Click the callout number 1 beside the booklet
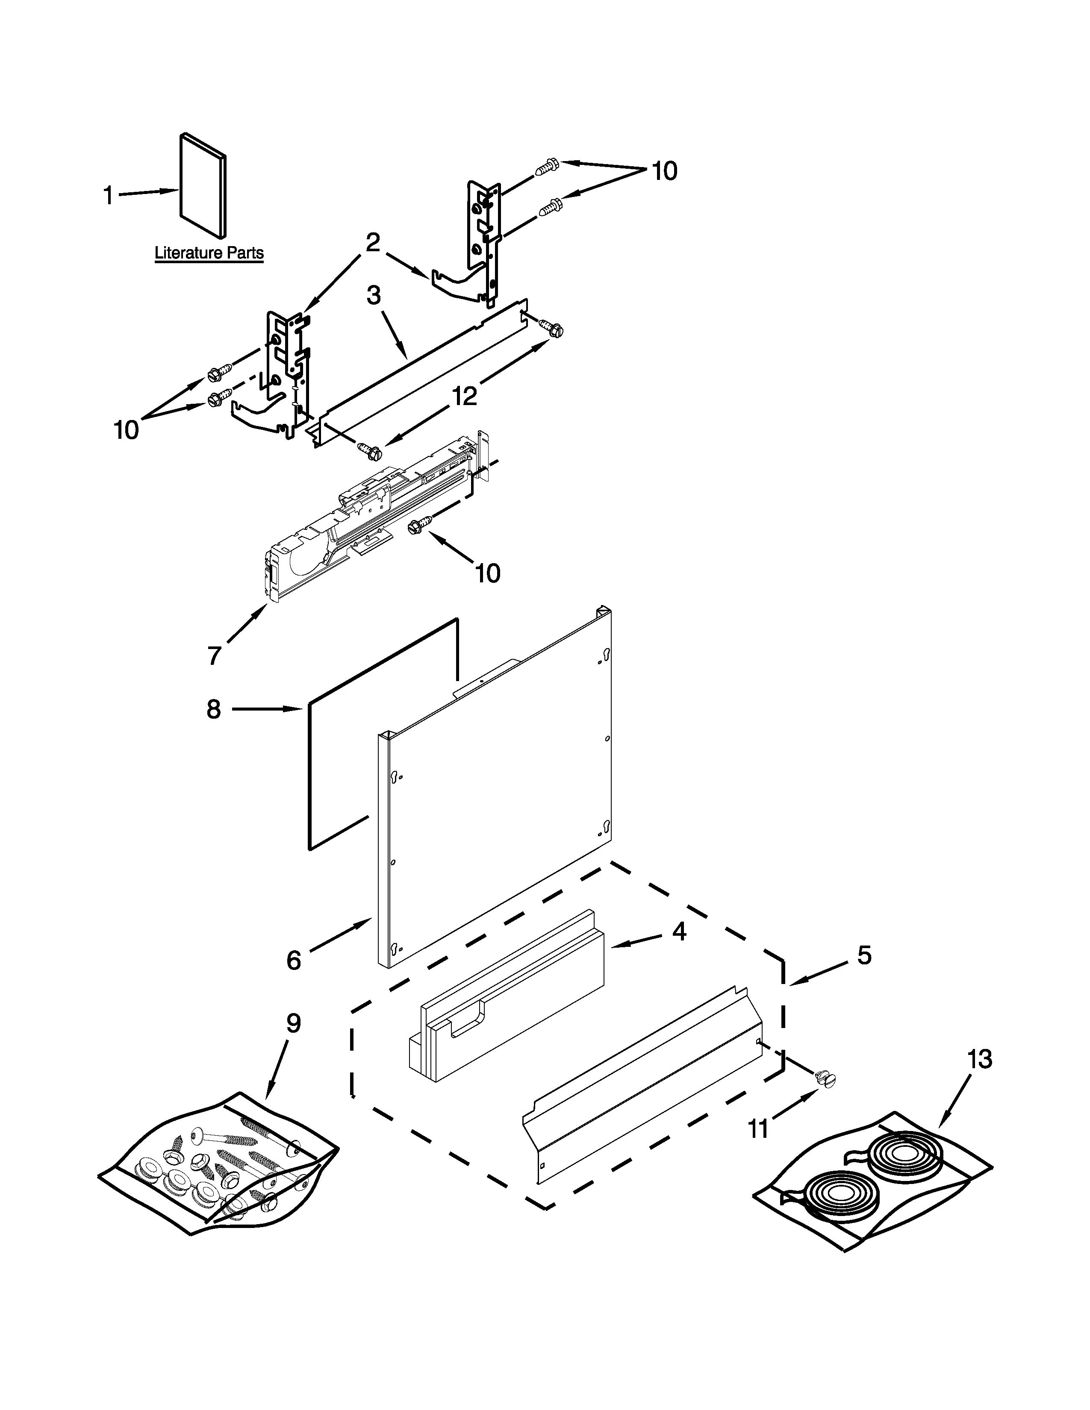[109, 194]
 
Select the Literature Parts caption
[209, 253]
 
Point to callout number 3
[373, 296]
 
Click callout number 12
[464, 396]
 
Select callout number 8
[214, 710]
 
